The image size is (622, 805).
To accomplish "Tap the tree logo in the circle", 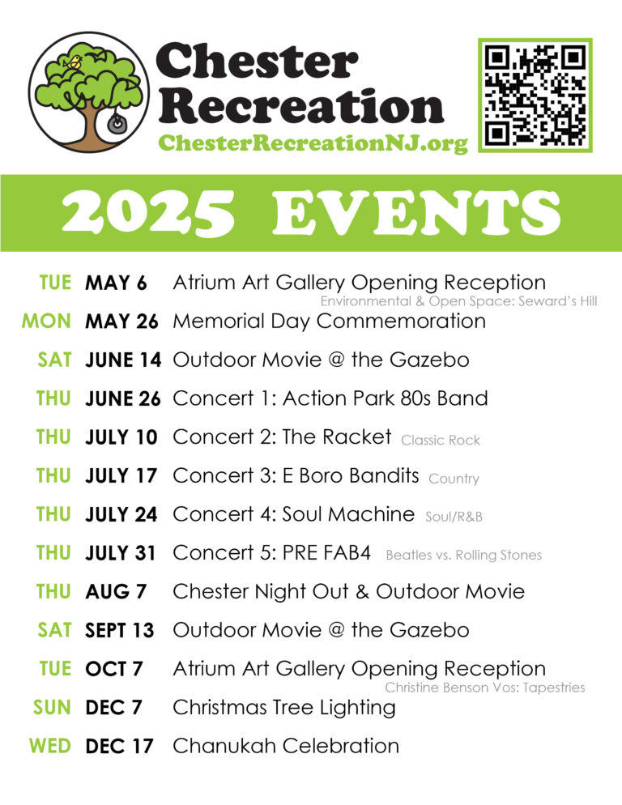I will (x=89, y=92).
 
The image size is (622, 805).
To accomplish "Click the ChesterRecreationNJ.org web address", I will (x=313, y=143).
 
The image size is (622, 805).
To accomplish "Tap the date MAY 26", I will (x=121, y=322).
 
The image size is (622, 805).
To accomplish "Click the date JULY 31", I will (x=121, y=553).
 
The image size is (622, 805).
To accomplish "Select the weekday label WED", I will (x=51, y=746).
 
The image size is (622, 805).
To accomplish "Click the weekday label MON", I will (x=47, y=322).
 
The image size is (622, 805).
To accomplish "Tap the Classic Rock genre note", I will (x=441, y=441).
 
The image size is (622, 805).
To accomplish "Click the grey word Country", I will (x=454, y=479).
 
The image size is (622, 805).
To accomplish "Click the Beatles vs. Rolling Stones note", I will (x=464, y=556).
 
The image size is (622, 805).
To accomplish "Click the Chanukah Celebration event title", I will (x=286, y=746).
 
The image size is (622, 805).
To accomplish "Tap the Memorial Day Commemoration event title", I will (x=329, y=322).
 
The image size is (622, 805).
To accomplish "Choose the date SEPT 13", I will (x=119, y=630).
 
